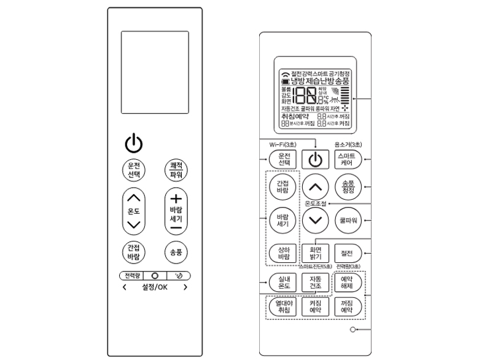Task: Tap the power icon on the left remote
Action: pyautogui.click(x=133, y=143)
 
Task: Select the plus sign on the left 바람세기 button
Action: pyautogui.click(x=176, y=199)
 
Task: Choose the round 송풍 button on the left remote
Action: pyautogui.click(x=176, y=252)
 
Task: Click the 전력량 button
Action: pyautogui.click(x=130, y=275)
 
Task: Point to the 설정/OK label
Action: pyautogui.click(x=154, y=287)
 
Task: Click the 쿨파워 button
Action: pyautogui.click(x=347, y=219)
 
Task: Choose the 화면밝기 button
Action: pyautogui.click(x=315, y=252)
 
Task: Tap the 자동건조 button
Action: pyautogui.click(x=315, y=283)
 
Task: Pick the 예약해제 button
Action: pyautogui.click(x=347, y=283)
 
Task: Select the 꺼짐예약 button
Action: pyautogui.click(x=347, y=307)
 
